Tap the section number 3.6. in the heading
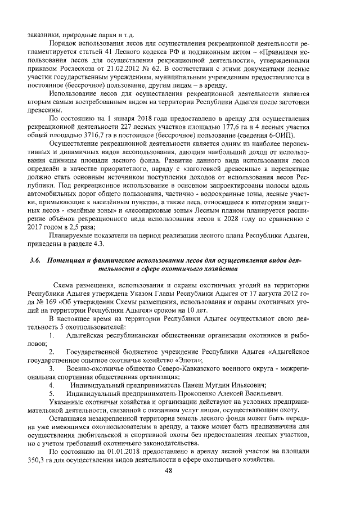[x=36, y=262]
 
